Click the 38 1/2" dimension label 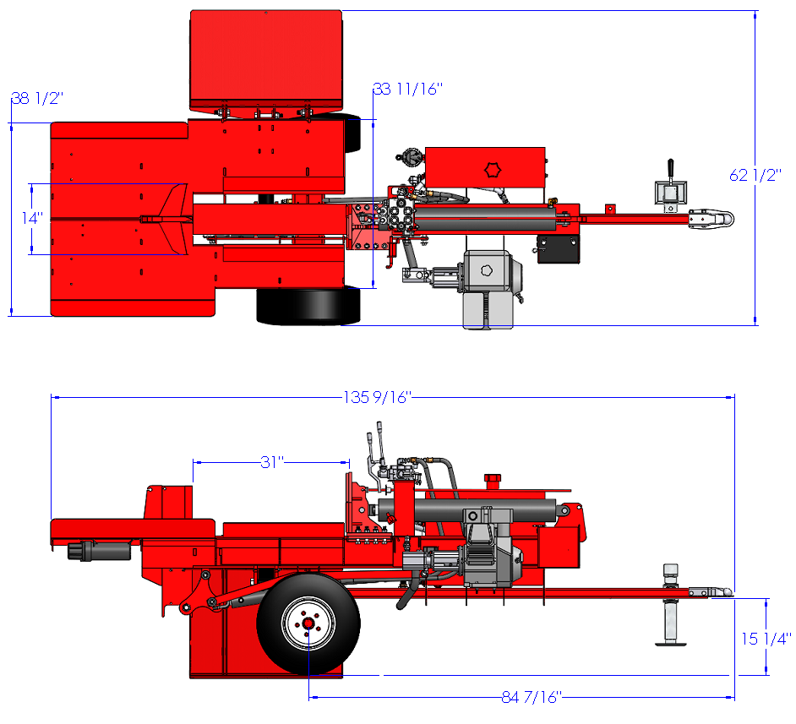[x=37, y=98]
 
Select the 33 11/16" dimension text [x=408, y=89]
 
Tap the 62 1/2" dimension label [x=755, y=175]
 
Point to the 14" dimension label [x=32, y=218]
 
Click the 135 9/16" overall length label [x=377, y=397]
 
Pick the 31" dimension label [x=271, y=462]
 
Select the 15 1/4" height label [x=766, y=639]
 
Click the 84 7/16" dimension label [x=532, y=697]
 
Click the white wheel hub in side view [x=308, y=623]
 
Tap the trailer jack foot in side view [x=671, y=644]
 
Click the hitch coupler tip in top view [x=732, y=219]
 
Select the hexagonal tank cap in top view [x=492, y=170]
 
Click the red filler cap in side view [x=493, y=480]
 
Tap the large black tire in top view [x=308, y=306]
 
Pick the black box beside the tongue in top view [x=559, y=249]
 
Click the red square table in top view [x=266, y=60]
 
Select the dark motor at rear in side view [x=100, y=551]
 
